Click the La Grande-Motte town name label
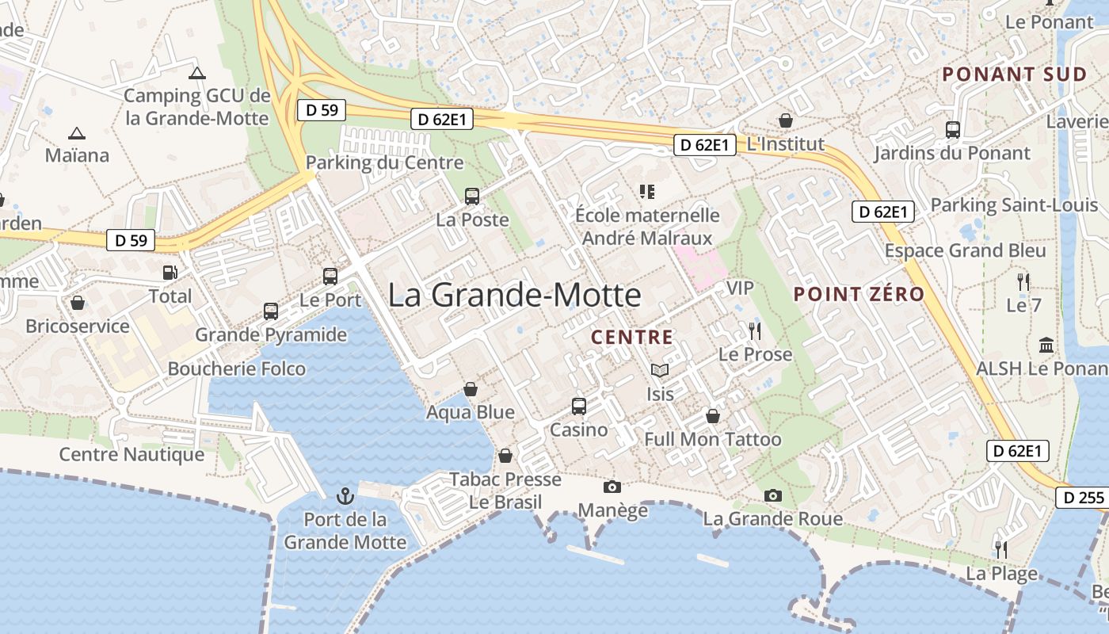point(514,295)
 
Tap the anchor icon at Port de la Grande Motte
point(345,497)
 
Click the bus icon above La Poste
point(472,196)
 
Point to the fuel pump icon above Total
point(170,272)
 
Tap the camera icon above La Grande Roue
point(773,496)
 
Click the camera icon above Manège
point(612,487)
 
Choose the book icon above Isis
point(660,370)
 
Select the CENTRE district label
point(632,338)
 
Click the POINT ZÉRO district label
point(859,294)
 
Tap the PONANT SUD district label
point(1014,74)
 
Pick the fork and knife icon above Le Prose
point(754,330)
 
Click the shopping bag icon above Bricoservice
point(78,303)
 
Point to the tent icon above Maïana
point(77,133)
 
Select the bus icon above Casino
point(579,407)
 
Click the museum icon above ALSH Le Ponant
point(1046,346)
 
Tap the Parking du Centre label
point(384,162)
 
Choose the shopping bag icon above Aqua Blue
point(471,389)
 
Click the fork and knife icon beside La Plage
point(1001,548)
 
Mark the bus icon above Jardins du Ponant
point(953,130)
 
